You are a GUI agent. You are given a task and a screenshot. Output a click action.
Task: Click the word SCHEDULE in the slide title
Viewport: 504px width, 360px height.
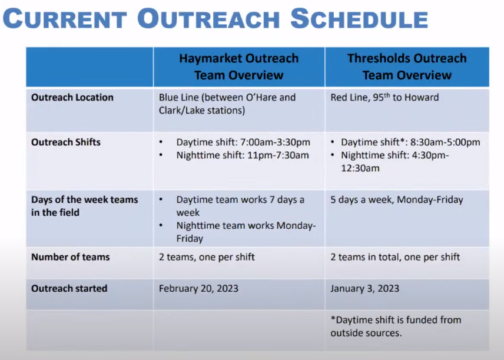point(359,19)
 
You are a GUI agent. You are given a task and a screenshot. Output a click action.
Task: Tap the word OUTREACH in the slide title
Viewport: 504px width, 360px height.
point(208,19)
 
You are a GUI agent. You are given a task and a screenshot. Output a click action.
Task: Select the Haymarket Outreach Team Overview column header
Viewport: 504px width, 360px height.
point(239,67)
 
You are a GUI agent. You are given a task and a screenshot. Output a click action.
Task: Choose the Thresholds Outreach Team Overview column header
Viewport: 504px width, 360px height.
point(407,67)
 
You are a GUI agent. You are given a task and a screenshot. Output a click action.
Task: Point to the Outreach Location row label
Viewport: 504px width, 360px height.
point(72,97)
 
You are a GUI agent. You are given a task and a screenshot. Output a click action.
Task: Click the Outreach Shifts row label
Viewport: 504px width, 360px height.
point(66,142)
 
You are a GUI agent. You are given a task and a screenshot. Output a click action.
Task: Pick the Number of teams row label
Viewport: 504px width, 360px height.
point(71,257)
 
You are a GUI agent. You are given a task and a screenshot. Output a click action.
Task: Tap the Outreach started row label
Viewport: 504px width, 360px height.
point(69,288)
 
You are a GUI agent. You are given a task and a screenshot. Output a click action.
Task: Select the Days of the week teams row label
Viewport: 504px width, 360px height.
point(85,206)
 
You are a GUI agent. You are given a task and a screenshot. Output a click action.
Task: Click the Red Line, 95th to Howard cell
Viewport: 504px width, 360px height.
point(384,97)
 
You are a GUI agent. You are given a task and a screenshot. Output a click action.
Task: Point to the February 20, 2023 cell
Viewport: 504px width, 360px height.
point(198,288)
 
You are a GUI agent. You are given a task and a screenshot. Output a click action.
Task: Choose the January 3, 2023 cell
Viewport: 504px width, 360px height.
point(365,288)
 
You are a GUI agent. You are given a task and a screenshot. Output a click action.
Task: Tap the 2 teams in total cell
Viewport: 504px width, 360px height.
point(395,257)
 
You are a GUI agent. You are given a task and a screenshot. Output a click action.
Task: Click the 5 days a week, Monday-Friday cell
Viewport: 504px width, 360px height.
point(397,200)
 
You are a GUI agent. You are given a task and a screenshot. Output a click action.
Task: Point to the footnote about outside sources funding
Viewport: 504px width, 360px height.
point(396,326)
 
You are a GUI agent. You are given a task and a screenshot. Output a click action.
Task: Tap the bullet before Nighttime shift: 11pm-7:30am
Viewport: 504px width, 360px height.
point(161,155)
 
